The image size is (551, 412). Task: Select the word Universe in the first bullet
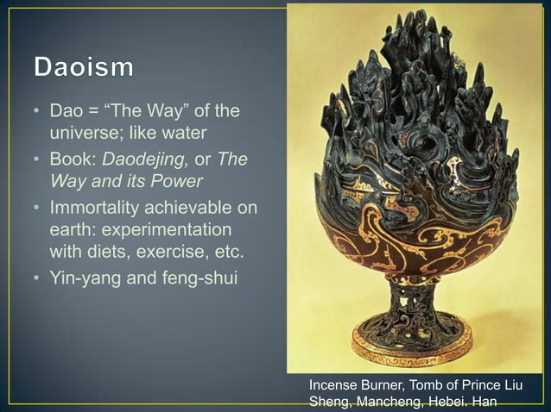[78, 134]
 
